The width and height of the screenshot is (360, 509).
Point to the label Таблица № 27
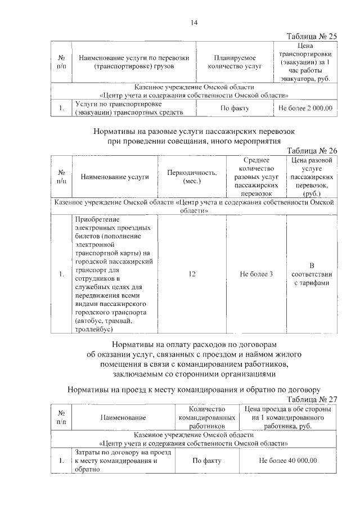312,399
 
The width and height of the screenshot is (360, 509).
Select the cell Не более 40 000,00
288,461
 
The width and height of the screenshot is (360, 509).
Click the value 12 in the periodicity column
192,274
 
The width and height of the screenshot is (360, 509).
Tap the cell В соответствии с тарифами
311,274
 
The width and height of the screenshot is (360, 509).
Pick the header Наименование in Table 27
123,417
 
